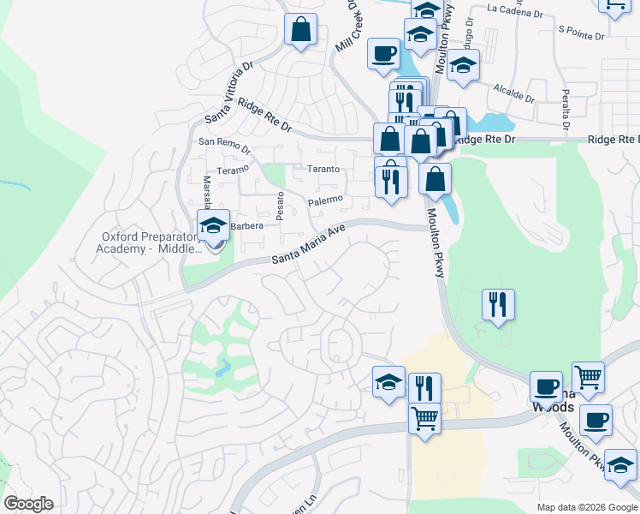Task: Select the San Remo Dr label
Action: pyautogui.click(x=223, y=145)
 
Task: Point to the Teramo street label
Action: pyautogui.click(x=232, y=170)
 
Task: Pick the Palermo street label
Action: pyautogui.click(x=325, y=201)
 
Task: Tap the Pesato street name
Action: pyautogui.click(x=279, y=205)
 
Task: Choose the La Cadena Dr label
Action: pyautogui.click(x=514, y=11)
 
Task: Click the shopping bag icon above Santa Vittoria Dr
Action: pyautogui.click(x=301, y=30)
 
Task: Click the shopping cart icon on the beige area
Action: pyautogui.click(x=424, y=419)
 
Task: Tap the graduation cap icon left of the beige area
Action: pyautogui.click(x=389, y=382)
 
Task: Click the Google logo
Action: pyautogui.click(x=28, y=504)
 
